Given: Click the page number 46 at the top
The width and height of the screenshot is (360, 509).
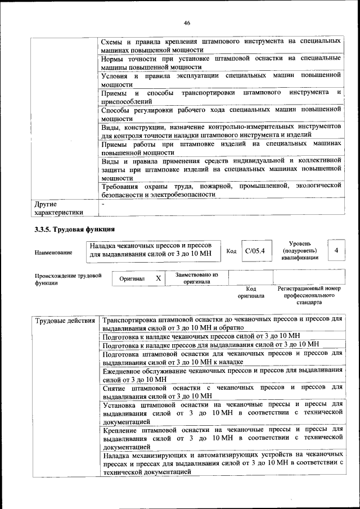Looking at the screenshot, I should (x=187, y=22).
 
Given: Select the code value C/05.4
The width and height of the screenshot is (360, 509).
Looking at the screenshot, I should (x=254, y=250).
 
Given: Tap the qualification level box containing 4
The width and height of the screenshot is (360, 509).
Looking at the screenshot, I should (x=336, y=250).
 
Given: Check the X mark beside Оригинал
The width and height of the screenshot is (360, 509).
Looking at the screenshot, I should (x=159, y=278).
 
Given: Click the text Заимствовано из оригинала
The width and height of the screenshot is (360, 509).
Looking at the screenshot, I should (x=196, y=278).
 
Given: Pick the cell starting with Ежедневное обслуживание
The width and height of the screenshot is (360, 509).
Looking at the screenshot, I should (x=222, y=375).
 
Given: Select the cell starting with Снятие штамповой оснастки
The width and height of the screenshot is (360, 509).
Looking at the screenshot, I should (x=222, y=391).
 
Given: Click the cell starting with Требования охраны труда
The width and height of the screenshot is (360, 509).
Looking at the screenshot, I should (x=222, y=190).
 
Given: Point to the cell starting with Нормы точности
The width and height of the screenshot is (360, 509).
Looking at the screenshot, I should (x=222, y=62).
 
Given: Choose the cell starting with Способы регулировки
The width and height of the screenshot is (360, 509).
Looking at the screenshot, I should (x=222, y=114).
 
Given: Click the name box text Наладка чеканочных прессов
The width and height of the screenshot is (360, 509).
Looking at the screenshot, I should (x=151, y=250).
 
